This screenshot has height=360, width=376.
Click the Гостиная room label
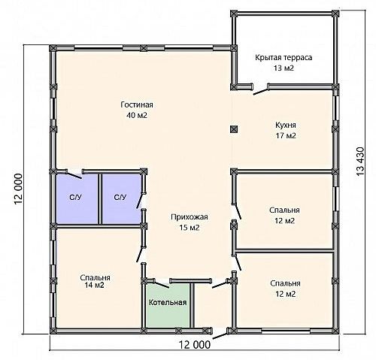click(x=137, y=104)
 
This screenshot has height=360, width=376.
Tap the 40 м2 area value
click(x=137, y=115)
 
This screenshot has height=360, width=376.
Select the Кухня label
click(x=286, y=125)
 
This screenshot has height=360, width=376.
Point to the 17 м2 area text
click(x=286, y=135)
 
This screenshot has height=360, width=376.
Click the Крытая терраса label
click(x=284, y=57)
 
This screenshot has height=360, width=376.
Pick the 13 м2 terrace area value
click(x=284, y=68)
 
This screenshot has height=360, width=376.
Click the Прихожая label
click(x=190, y=216)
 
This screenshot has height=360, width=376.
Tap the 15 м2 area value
click(x=190, y=228)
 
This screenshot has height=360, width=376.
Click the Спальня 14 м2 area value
click(x=95, y=285)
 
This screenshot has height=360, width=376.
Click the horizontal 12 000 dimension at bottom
click(x=195, y=345)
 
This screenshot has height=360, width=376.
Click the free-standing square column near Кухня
click(x=234, y=129)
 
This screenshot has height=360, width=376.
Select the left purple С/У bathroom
click(x=77, y=198)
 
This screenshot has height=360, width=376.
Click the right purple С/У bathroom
click(x=122, y=198)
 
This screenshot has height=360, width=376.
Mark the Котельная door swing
click(x=162, y=284)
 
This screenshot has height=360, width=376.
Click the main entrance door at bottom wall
click(x=220, y=335)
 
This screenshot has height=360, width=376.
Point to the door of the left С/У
click(x=74, y=175)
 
